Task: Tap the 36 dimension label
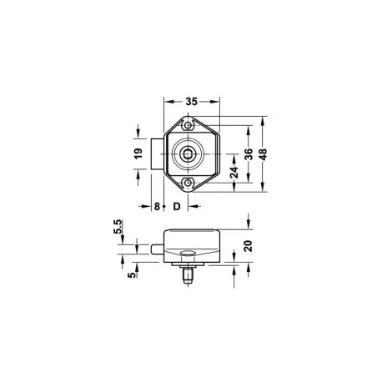click(247, 154)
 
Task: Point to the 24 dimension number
click(234, 172)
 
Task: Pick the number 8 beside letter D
click(157, 206)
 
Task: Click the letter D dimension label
click(177, 206)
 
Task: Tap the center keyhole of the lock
click(189, 153)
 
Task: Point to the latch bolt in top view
click(158, 153)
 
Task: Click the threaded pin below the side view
click(188, 274)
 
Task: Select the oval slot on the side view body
click(188, 254)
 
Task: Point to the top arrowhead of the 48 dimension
click(264, 119)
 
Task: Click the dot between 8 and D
click(167, 207)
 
